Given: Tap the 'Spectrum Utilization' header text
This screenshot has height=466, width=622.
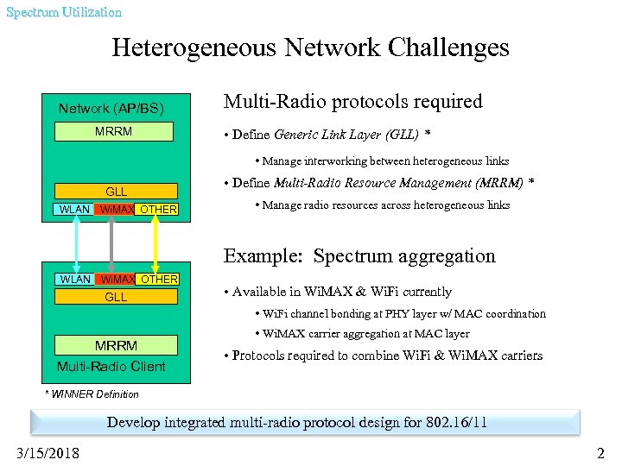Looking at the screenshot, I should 64,12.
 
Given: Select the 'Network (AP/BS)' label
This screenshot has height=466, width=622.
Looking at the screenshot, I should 111,109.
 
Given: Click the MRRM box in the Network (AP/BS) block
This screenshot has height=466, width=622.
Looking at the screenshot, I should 113,131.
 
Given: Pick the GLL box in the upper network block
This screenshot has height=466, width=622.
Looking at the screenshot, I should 116,192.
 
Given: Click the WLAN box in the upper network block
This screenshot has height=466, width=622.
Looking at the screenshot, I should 74,210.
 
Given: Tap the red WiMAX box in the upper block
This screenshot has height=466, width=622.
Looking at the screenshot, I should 116,210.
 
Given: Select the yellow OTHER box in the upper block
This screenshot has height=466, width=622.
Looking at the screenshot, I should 158,210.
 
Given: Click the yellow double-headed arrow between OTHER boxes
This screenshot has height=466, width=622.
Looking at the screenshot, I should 156,244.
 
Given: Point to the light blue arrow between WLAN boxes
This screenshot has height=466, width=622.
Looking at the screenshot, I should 76,244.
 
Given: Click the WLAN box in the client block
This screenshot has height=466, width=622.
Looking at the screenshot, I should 75,279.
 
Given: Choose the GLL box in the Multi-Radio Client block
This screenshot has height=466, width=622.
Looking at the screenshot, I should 116,297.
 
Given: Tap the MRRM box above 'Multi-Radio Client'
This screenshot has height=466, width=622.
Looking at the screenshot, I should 116,345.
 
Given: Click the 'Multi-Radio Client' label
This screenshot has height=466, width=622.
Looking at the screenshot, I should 111,367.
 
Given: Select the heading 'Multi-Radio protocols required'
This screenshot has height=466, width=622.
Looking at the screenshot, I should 352,102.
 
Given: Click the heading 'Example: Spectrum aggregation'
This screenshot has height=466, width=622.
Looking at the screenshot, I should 359,256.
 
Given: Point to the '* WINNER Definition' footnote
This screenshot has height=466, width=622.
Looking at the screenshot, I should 92,394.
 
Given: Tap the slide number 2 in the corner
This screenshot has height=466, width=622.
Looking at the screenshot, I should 601,452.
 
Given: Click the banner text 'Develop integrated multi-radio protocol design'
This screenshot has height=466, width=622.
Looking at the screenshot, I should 297,423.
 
